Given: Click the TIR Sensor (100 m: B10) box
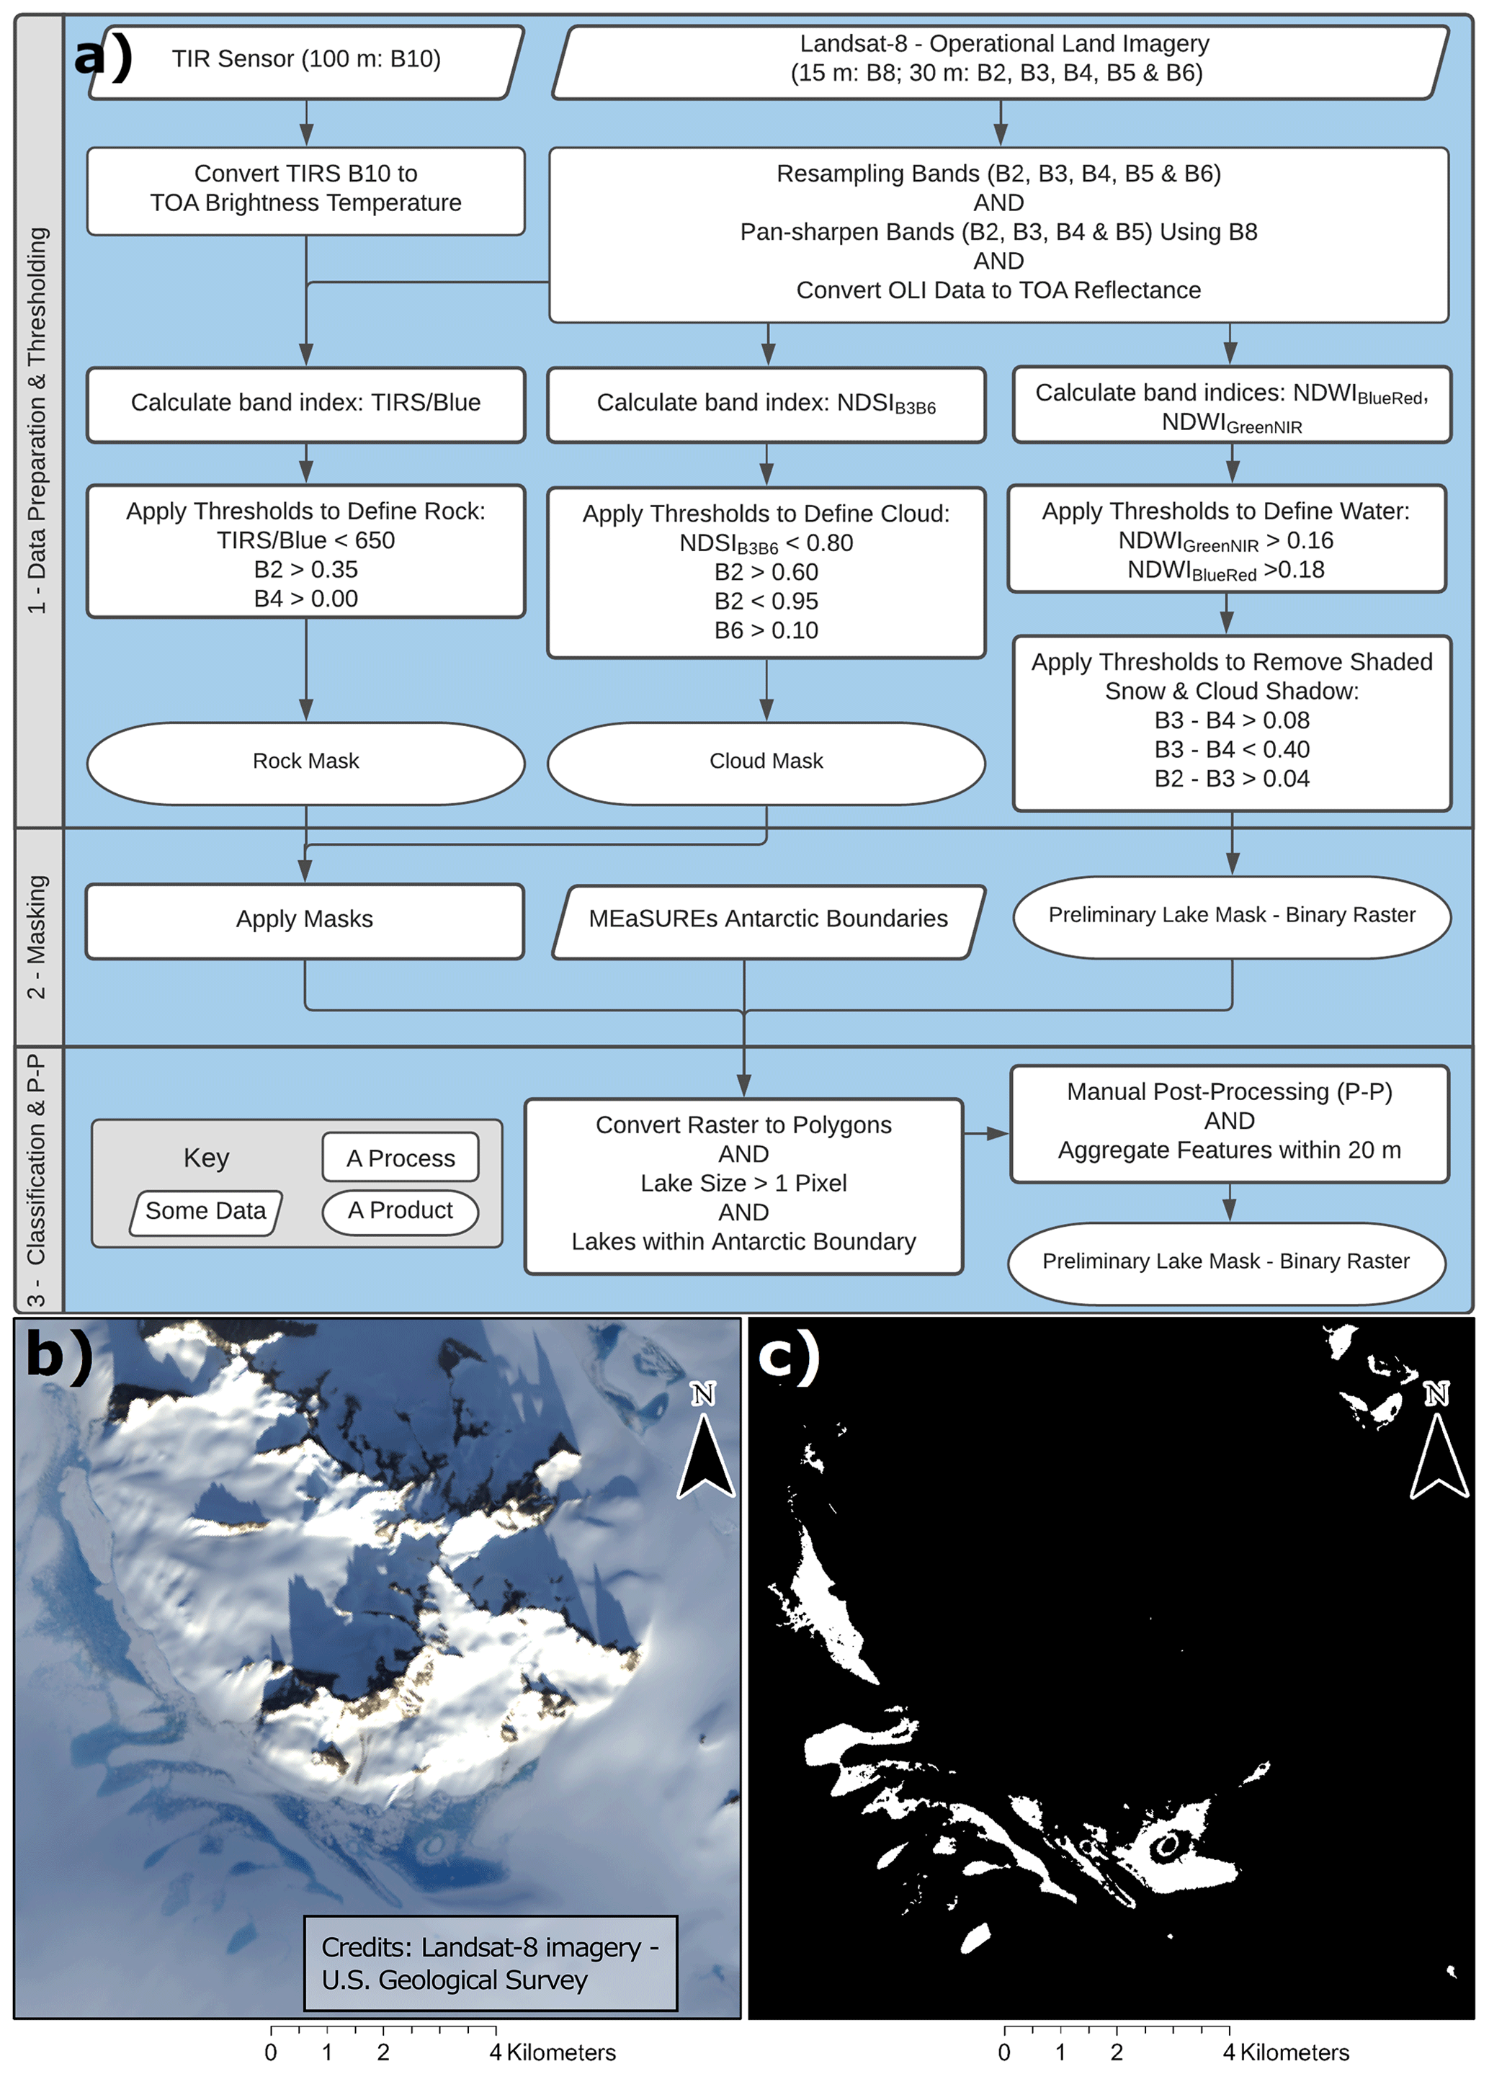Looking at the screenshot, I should [x=305, y=60].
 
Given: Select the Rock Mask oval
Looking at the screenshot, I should [x=305, y=761].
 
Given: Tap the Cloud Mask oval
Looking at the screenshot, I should [x=766, y=761].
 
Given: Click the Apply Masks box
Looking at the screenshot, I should [x=305, y=919].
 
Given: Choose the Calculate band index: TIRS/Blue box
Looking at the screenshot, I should [x=305, y=403].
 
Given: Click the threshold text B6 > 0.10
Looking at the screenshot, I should [x=766, y=630].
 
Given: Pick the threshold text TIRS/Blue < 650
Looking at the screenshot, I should [x=305, y=540].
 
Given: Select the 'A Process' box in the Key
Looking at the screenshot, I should [x=400, y=1158].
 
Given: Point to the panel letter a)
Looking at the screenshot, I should [x=103, y=57].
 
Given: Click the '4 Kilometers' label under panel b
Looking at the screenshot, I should [x=553, y=2052].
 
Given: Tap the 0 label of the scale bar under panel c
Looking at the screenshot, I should [x=1004, y=2052].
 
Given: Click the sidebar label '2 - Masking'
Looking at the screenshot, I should [x=37, y=937].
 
